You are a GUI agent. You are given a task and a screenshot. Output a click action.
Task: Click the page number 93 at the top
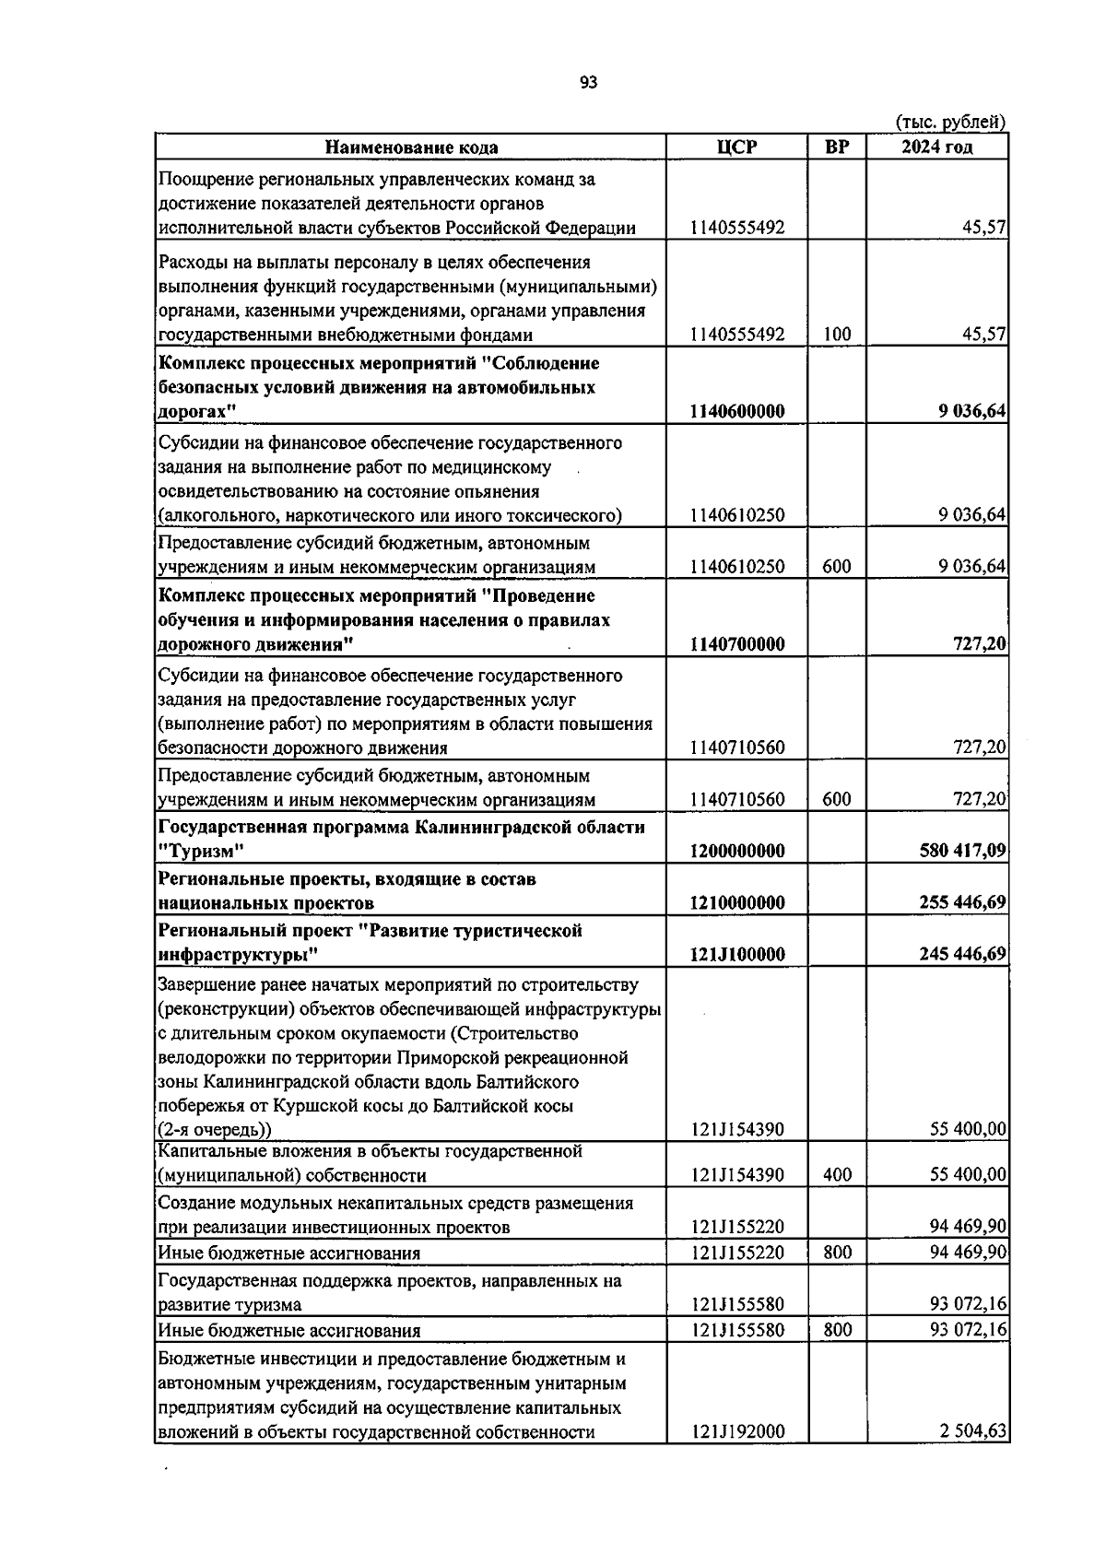pyautogui.click(x=589, y=83)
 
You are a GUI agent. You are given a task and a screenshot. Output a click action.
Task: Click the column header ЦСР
pyautogui.click(x=736, y=147)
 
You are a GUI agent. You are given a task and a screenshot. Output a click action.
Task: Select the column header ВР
pyautogui.click(x=837, y=147)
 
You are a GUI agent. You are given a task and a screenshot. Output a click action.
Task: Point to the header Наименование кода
pyautogui.click(x=411, y=147)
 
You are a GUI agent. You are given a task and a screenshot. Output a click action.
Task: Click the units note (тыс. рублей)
pyautogui.click(x=950, y=122)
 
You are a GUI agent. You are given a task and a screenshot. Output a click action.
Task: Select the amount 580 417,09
pyautogui.click(x=962, y=851)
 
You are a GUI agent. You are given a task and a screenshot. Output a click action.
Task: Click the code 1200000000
pyautogui.click(x=736, y=851)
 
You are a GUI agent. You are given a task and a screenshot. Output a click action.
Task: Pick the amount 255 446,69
pyautogui.click(x=962, y=902)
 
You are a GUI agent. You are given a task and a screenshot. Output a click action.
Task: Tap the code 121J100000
pyautogui.click(x=736, y=954)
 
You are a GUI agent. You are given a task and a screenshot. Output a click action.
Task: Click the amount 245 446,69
pyautogui.click(x=962, y=954)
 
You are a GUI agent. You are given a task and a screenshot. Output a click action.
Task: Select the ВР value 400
pyautogui.click(x=837, y=1175)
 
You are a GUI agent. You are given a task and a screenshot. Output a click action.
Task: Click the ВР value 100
pyautogui.click(x=837, y=335)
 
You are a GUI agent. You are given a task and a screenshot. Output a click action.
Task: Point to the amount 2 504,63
pyautogui.click(x=972, y=1457)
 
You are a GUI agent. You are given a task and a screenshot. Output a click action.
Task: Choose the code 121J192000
pyautogui.click(x=736, y=1457)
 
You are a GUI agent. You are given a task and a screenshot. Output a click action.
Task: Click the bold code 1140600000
pyautogui.click(x=736, y=412)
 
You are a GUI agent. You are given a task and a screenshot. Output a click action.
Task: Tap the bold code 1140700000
pyautogui.click(x=736, y=644)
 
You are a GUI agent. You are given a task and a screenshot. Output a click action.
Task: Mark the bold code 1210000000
pyautogui.click(x=736, y=902)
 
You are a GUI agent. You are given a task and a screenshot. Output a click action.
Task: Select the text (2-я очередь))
pyautogui.click(x=214, y=1130)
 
